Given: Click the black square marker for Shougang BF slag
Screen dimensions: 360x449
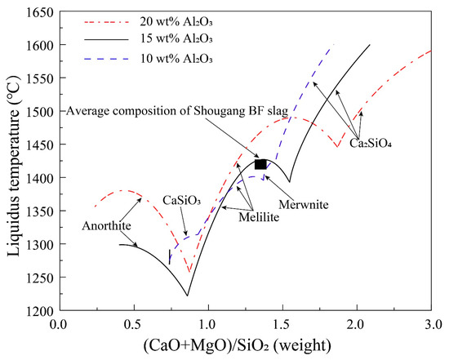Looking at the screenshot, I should point(260,164).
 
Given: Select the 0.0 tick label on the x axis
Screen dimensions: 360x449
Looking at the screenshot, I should point(58,324).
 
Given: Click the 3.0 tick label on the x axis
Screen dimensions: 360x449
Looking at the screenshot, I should point(430,324).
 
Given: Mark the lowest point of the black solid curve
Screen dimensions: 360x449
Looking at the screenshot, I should point(189,296).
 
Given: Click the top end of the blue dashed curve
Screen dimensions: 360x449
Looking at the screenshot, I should point(333,45).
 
